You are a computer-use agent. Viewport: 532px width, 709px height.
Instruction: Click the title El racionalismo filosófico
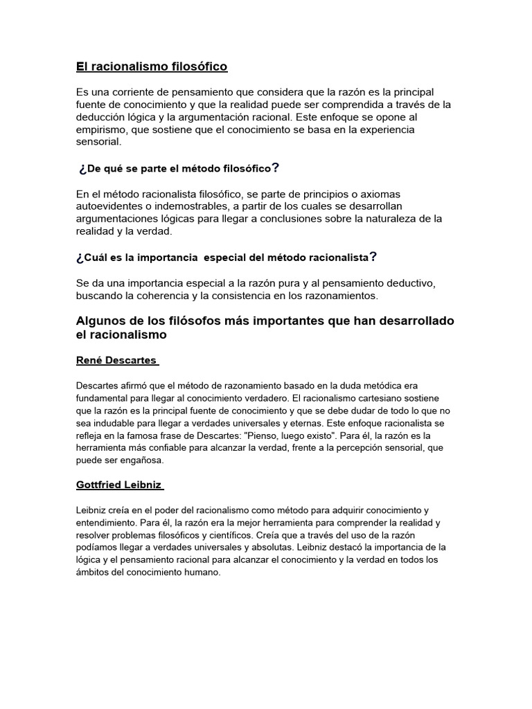[151, 66]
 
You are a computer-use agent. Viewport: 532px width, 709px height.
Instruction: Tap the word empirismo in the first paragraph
[103, 129]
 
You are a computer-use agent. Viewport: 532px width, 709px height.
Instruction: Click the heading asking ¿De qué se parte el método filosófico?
[179, 168]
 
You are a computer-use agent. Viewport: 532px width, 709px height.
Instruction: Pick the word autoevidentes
[113, 206]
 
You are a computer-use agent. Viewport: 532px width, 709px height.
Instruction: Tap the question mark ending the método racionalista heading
[373, 257]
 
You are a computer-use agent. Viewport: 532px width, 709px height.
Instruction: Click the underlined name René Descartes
[117, 360]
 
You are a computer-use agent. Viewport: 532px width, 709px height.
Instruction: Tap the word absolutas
[254, 548]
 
